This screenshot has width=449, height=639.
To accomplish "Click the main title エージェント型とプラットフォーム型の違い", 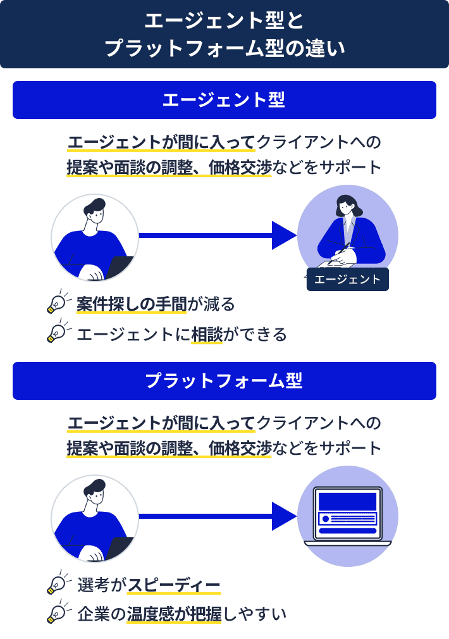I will click(x=225, y=34).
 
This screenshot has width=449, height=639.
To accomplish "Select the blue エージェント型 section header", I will click(x=225, y=100).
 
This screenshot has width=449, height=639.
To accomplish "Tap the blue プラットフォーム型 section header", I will click(x=225, y=381).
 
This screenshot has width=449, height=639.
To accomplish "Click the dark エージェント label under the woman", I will click(x=347, y=279).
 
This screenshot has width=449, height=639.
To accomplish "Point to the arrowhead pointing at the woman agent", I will click(x=284, y=235).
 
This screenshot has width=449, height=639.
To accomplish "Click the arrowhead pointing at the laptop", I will click(x=284, y=516).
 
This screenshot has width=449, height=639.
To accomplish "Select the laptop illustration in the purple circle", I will click(x=348, y=516).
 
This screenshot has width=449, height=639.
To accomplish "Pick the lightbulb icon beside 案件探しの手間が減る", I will click(x=59, y=302).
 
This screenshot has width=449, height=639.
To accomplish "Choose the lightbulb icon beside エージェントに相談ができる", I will click(x=59, y=332).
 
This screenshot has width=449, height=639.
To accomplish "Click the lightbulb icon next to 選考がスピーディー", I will click(x=59, y=583).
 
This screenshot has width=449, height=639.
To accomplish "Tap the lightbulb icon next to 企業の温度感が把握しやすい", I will click(x=59, y=612).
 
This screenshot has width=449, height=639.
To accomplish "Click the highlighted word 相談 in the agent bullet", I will click(x=207, y=334).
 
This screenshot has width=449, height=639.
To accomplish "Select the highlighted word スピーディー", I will click(x=175, y=585).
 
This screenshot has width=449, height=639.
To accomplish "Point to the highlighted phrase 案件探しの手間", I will click(x=132, y=304).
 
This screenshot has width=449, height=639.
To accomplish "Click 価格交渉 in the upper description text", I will click(x=240, y=168).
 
